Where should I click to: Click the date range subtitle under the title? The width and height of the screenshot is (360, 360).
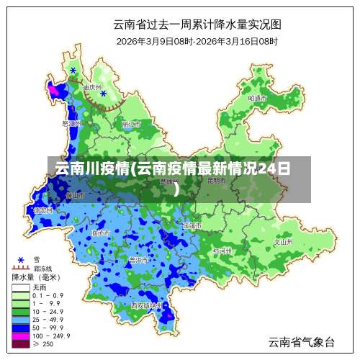[197, 41]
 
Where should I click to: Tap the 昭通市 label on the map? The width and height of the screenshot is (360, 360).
[257, 97]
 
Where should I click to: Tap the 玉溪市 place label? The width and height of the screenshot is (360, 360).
[192, 225]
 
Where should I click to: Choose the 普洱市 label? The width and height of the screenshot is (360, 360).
[138, 259]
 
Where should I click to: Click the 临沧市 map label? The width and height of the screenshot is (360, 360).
[101, 233]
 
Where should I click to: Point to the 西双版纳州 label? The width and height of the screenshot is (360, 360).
[146, 305]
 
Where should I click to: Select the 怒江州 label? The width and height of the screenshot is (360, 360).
[70, 123]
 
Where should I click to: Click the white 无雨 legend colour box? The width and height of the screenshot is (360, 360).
[20, 287]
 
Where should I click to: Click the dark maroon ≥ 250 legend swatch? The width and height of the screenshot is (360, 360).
[20, 343]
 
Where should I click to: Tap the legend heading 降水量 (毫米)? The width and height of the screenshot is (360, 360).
[36, 277]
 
